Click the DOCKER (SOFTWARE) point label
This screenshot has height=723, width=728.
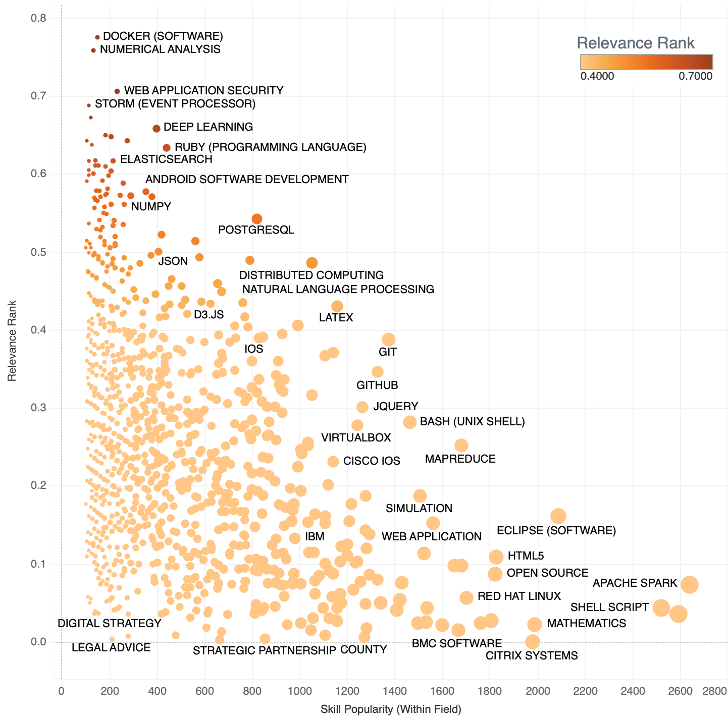pyautogui.click(x=163, y=36)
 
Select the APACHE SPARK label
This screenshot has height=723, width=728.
pyautogui.click(x=635, y=583)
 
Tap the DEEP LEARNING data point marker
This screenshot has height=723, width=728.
pyautogui.click(x=157, y=129)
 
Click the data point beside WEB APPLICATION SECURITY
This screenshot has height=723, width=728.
pyautogui.click(x=117, y=91)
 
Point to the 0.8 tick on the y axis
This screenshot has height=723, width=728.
pyautogui.click(x=39, y=19)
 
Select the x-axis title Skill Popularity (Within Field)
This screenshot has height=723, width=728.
pyautogui.click(x=391, y=709)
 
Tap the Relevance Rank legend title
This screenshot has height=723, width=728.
pyautogui.click(x=636, y=43)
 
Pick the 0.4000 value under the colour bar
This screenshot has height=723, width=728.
pyautogui.click(x=597, y=76)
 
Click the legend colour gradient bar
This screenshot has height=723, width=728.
pyautogui.click(x=646, y=62)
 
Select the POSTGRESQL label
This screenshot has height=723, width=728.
pyautogui.click(x=256, y=230)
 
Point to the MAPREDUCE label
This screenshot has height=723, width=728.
pyautogui.click(x=460, y=459)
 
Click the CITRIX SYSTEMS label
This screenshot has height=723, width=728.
pyautogui.click(x=532, y=656)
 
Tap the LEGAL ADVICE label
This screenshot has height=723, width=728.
pyautogui.click(x=111, y=648)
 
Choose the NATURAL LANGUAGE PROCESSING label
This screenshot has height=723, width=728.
pyautogui.click(x=338, y=290)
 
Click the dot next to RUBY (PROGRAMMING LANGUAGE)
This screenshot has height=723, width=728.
pyautogui.click(x=167, y=148)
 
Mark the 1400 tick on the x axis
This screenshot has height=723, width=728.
pyautogui.click(x=395, y=690)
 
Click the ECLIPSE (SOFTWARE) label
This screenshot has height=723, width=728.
pyautogui.click(x=556, y=531)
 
